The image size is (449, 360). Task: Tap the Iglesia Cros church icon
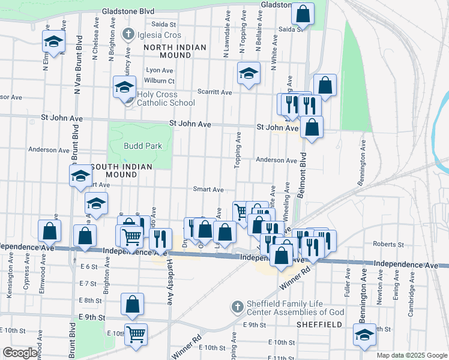[x=127, y=35]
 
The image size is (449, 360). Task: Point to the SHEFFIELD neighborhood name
[x=319, y=324]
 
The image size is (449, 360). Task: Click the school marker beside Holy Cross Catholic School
[x=124, y=87]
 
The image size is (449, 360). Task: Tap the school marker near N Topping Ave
[x=249, y=74]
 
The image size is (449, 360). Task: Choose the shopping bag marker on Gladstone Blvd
[x=303, y=15]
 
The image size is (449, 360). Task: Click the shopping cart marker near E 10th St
[x=136, y=333]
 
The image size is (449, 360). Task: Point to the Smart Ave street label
[x=208, y=189]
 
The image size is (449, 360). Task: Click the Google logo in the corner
[x=20, y=353]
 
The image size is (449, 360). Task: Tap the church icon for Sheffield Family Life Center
[x=238, y=307]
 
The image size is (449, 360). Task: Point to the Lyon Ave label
[x=160, y=70]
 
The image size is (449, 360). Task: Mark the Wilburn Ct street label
[x=160, y=81]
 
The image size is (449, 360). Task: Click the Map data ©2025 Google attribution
[x=411, y=355]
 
